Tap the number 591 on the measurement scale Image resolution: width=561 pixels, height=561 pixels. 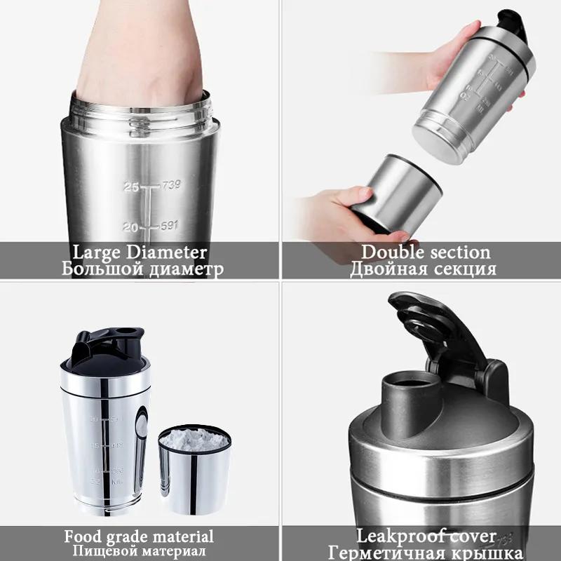pos(169,226)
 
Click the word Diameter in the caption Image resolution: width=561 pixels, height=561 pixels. pos(171,252)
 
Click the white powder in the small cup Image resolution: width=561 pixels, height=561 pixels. pos(194,440)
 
